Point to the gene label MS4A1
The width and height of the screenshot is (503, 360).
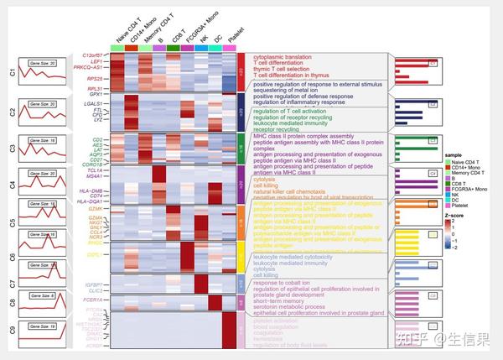pyautogui.click(x=93, y=176)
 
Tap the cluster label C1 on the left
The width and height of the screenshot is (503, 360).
pyautogui.click(x=12, y=73)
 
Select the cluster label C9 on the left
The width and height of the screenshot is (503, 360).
pyautogui.click(x=12, y=330)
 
